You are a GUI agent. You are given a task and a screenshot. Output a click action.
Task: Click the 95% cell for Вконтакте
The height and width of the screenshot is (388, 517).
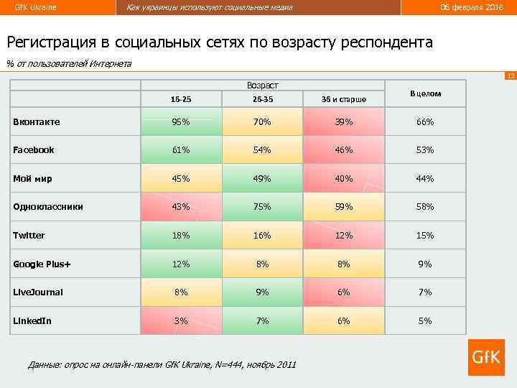[x=181, y=122]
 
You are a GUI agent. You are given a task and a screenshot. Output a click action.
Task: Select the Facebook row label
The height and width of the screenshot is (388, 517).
[x=34, y=150]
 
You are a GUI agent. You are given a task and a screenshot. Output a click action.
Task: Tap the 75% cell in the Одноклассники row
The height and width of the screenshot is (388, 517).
[x=262, y=207]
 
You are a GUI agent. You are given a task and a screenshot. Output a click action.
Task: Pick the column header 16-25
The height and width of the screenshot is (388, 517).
[x=181, y=98]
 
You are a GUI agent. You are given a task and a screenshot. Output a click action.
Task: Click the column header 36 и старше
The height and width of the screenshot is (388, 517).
[x=344, y=98]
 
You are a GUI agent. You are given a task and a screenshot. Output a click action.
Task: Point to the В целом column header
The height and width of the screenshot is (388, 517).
[x=425, y=93]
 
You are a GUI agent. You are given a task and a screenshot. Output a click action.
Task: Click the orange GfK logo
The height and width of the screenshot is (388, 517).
[x=486, y=357]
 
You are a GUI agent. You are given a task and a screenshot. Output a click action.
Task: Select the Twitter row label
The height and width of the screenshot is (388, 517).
[x=29, y=236]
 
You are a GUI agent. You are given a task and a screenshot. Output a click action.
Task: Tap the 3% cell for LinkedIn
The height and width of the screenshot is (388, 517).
[x=181, y=320]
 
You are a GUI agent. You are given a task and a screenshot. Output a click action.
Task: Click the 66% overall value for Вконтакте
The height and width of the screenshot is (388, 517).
[x=425, y=122]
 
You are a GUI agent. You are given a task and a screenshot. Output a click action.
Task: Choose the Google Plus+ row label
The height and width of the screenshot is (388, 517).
[x=42, y=264]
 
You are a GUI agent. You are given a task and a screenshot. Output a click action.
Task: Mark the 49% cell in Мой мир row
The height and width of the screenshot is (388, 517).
[x=262, y=179]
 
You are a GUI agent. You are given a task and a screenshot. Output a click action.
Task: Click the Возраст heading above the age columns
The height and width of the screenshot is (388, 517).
[x=262, y=85]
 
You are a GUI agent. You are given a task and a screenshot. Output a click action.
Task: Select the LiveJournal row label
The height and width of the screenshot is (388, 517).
[x=38, y=292]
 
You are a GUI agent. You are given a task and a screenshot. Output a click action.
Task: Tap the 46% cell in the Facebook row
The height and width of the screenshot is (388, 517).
[x=344, y=150]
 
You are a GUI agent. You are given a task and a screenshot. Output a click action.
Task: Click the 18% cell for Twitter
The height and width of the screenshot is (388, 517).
[x=181, y=236]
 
